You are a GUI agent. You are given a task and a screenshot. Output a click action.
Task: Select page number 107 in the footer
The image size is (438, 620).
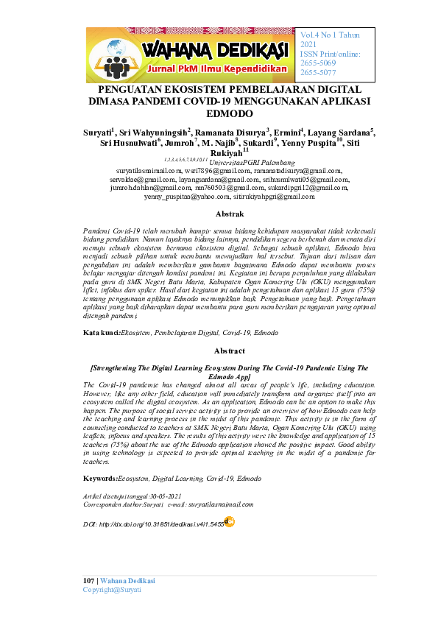coord(88,582)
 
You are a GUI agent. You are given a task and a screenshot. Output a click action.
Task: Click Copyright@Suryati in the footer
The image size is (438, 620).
coord(112,591)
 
